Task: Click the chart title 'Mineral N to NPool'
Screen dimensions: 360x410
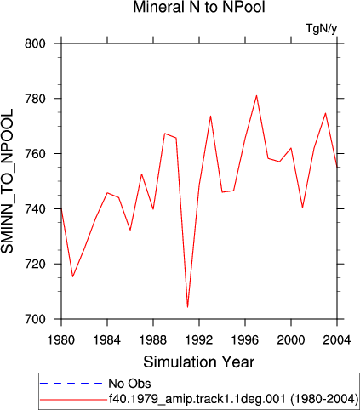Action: pos(199,7)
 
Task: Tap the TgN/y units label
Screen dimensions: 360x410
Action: pos(321,29)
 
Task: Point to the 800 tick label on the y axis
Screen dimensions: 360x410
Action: pos(35,44)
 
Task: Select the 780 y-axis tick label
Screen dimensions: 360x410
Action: pos(35,99)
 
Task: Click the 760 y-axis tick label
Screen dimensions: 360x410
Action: pos(35,154)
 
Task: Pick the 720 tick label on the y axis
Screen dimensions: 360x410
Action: pos(35,265)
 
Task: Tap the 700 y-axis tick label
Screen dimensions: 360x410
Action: pos(35,320)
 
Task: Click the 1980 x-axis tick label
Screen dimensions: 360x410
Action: pos(61,339)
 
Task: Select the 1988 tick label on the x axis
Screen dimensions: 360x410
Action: pos(153,339)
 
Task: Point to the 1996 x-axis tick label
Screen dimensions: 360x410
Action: pos(245,339)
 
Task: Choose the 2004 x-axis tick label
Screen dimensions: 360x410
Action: pos(337,339)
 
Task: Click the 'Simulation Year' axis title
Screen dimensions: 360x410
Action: pos(199,362)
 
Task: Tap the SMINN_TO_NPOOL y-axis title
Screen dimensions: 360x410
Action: pos(7,181)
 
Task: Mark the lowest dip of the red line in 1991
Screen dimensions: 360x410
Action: pos(187,307)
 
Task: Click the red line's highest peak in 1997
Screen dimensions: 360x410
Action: pos(256,95)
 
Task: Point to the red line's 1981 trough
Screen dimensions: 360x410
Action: pos(72,276)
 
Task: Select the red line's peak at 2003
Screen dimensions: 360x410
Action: pos(325,113)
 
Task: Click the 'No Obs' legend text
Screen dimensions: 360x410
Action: pos(129,384)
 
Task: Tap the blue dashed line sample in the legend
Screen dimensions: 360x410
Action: pos(71,384)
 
